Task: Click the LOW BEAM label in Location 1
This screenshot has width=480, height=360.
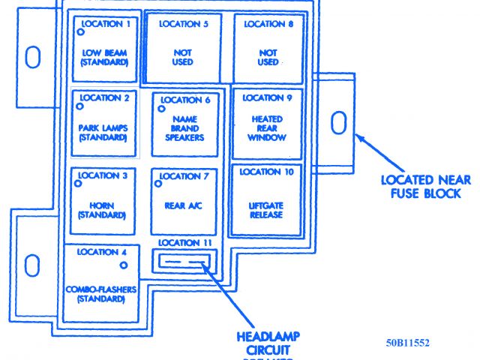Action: point(104,57)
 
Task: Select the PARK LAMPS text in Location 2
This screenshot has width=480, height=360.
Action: point(104,133)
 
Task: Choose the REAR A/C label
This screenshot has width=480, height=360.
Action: point(183,205)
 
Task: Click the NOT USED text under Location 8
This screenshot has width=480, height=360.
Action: point(267,57)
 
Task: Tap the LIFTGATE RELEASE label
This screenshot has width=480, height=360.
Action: point(266,209)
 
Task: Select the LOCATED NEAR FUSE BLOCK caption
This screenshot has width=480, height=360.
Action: point(424,187)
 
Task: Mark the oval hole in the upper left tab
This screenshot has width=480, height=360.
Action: point(32,56)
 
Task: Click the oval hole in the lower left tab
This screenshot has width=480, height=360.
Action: point(31,265)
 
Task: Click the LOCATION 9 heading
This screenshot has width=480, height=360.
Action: point(262,97)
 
